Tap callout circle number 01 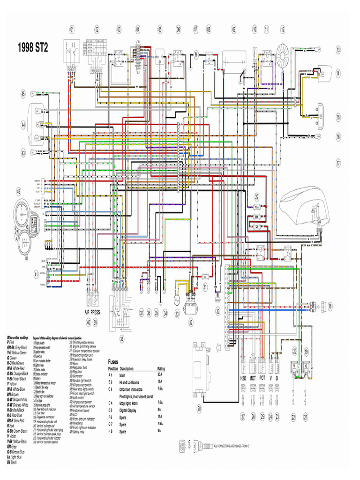point(72,29)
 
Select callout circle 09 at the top point(233,29)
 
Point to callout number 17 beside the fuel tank point(337,163)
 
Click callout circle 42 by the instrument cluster point(19,191)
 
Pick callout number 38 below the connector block point(122,338)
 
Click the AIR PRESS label point(92,312)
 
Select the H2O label point(243,378)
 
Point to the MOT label point(253,378)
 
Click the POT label point(262,378)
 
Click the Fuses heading point(113,362)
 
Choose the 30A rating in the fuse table point(159,375)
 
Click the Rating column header point(161,368)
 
